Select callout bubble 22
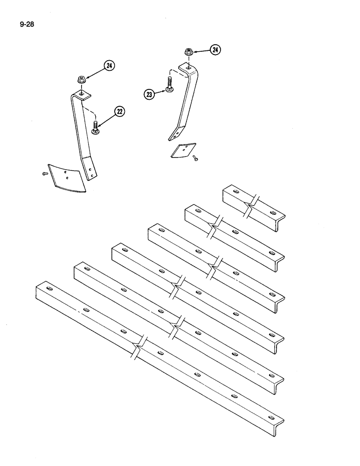(120, 111)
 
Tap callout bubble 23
(149, 95)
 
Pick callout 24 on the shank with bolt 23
(215, 50)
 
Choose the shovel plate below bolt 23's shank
(182, 151)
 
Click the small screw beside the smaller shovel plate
(195, 159)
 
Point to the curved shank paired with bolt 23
(186, 98)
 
